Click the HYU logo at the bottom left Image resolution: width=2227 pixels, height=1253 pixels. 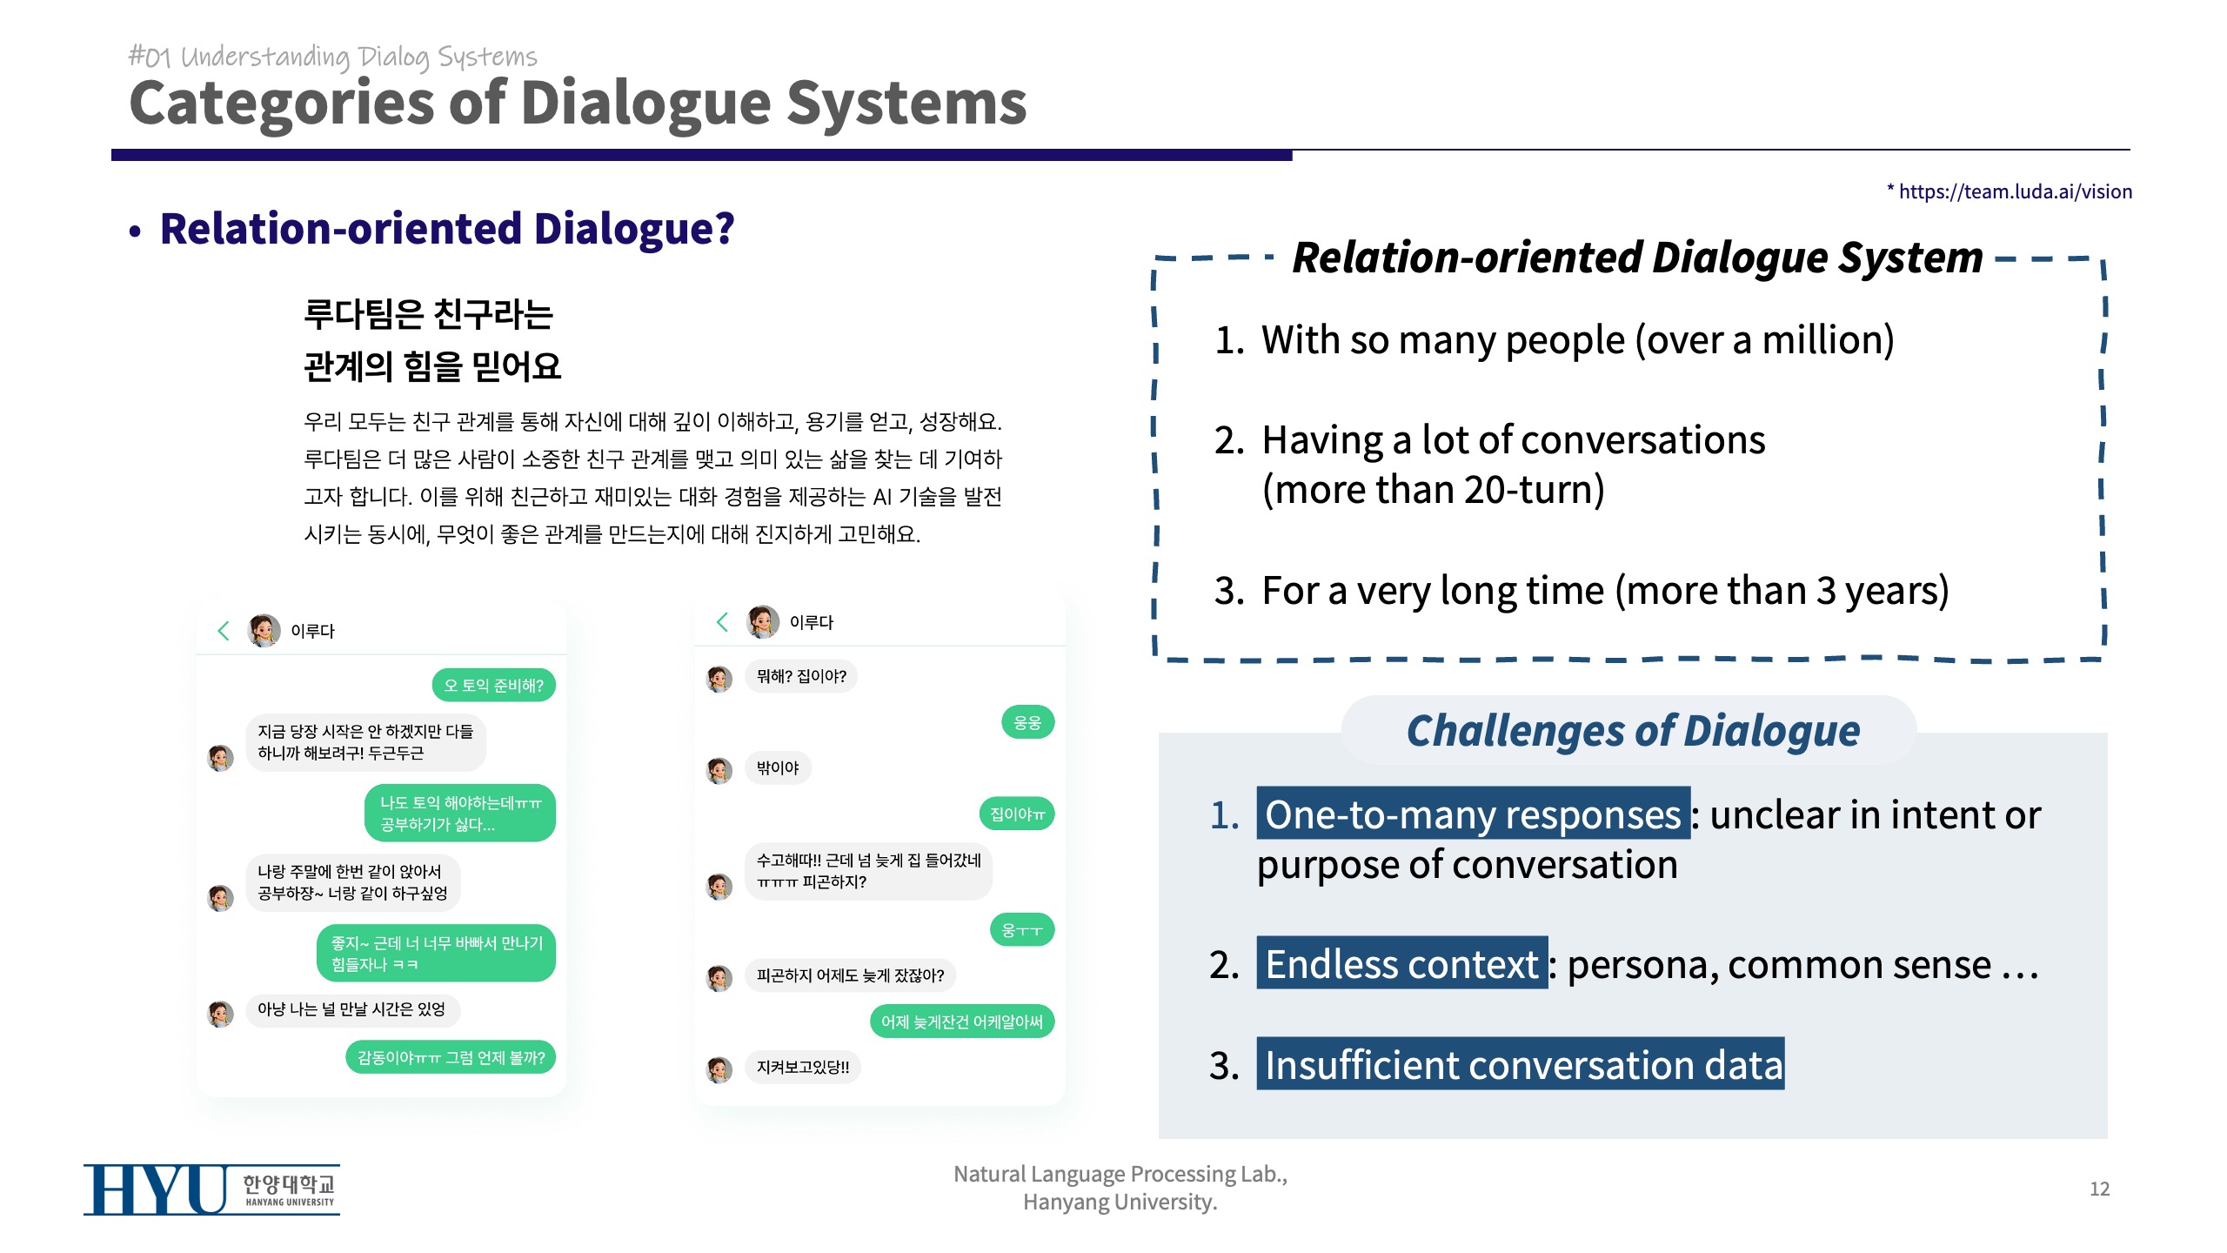(211, 1189)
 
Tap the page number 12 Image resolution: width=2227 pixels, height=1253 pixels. (2099, 1189)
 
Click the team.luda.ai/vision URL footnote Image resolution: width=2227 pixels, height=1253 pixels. (2009, 191)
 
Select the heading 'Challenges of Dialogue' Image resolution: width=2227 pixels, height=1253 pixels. (1633, 730)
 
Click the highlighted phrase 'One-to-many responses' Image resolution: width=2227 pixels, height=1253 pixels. (1473, 814)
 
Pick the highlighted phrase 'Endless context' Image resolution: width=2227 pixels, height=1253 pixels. (1401, 963)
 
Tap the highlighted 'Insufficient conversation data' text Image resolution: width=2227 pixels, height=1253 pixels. (1521, 1064)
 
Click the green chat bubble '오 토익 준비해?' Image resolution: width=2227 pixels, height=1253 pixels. (493, 685)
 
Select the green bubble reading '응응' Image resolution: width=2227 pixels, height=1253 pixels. (1027, 722)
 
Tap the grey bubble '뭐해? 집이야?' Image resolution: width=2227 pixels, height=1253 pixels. (801, 676)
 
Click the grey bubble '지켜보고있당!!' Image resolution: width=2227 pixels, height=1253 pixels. (803, 1067)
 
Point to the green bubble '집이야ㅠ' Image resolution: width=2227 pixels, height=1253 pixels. (1017, 814)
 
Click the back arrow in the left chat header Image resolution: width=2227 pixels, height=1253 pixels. (224, 631)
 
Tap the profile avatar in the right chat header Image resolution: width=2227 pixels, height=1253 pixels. (763, 621)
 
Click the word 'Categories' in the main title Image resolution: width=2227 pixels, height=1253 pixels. (281, 104)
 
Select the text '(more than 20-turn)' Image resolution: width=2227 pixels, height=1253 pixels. (1434, 489)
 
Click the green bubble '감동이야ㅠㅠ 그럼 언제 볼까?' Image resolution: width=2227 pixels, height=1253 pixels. (451, 1057)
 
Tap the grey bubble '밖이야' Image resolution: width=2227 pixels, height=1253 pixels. (778, 767)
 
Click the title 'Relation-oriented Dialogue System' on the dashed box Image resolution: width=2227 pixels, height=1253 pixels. (1637, 258)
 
